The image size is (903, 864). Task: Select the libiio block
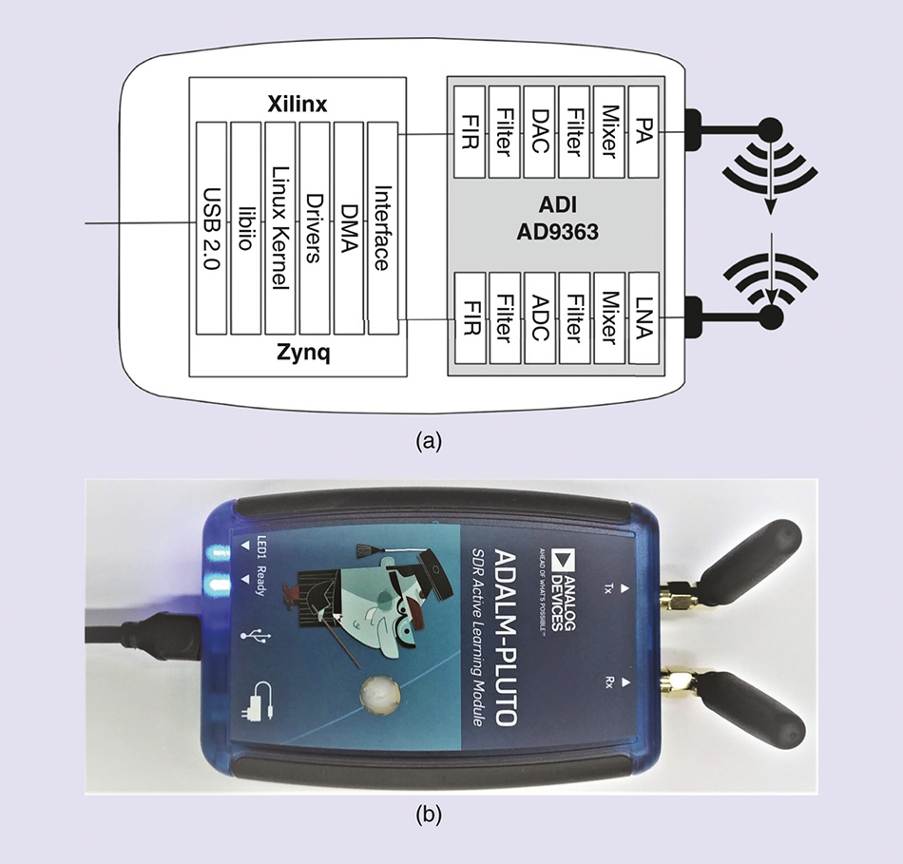pyautogui.click(x=245, y=227)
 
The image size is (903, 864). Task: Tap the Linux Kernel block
pyautogui.click(x=279, y=227)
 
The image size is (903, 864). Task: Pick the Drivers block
pyautogui.click(x=314, y=227)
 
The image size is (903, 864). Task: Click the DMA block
pyautogui.click(x=348, y=227)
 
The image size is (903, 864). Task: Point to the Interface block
pyautogui.click(x=382, y=227)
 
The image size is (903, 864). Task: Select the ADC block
pyautogui.click(x=538, y=317)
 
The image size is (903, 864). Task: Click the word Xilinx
pyautogui.click(x=297, y=105)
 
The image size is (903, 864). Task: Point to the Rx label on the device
pyautogui.click(x=609, y=682)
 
